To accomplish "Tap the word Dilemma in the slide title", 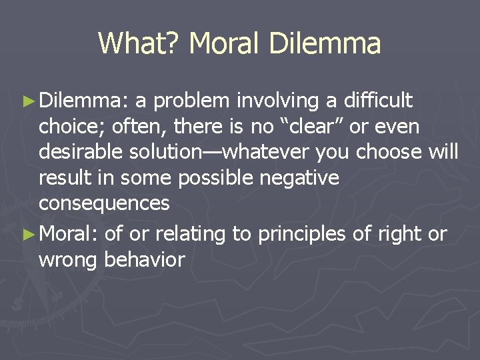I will (x=326, y=44).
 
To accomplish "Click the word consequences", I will (x=104, y=203).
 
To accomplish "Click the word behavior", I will (x=145, y=259).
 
